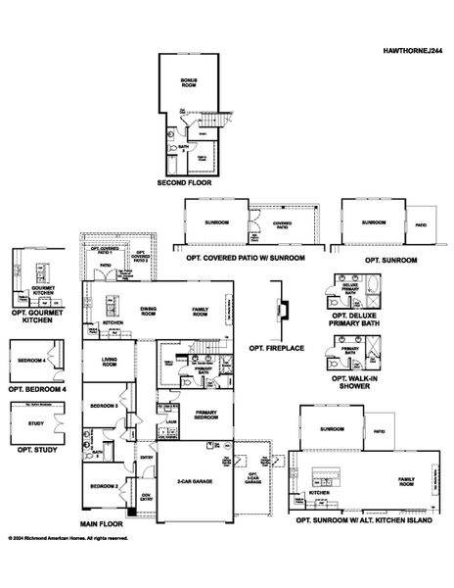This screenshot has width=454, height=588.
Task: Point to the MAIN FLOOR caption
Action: coord(101,524)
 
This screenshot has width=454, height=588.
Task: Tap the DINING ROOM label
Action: coord(148,310)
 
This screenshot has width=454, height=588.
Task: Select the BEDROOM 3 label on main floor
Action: coord(105,406)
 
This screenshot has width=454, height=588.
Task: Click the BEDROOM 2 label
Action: coord(104,486)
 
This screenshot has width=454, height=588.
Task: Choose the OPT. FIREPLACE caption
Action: coord(277,347)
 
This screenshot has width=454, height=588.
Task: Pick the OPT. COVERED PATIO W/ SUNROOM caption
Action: coord(247,258)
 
